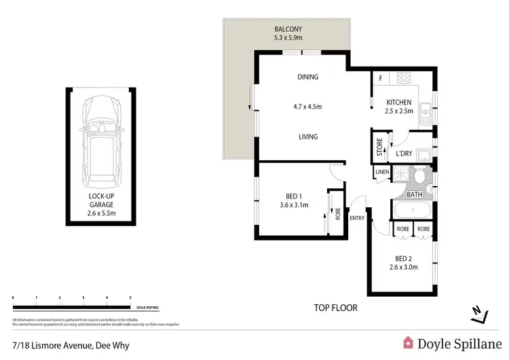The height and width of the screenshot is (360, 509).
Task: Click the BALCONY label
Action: click(x=288, y=30)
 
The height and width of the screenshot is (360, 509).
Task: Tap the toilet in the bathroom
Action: click(x=420, y=179)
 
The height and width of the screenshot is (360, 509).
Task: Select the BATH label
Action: click(x=415, y=195)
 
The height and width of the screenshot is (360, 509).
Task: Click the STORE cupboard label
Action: click(x=380, y=147)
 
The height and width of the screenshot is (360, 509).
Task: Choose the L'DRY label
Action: click(x=404, y=154)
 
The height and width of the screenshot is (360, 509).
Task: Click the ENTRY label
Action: click(x=357, y=218)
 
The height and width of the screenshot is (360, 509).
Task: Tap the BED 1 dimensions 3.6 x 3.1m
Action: click(x=294, y=205)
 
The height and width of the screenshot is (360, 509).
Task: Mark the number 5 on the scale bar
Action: click(x=130, y=298)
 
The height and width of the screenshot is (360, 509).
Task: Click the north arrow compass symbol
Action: click(x=479, y=313)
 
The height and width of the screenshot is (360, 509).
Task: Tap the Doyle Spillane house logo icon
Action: click(x=409, y=344)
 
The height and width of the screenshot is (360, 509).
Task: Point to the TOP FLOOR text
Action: click(x=335, y=308)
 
